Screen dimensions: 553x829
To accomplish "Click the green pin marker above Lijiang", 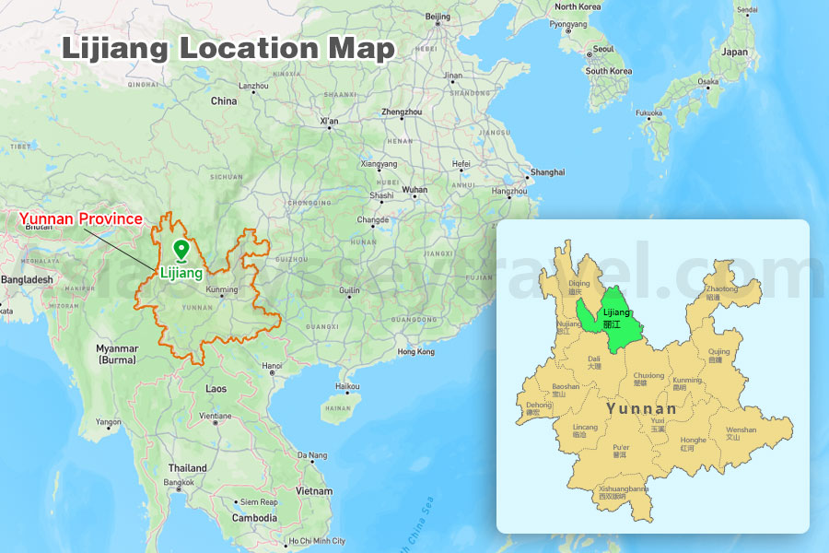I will (x=181, y=249).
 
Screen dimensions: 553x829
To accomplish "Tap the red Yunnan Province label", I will (x=81, y=219).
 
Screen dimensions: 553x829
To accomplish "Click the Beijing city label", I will (x=438, y=17).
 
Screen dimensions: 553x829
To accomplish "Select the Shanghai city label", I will (x=547, y=172).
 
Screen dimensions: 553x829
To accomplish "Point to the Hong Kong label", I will (x=415, y=351).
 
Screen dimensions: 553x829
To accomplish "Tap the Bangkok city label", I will (x=179, y=482).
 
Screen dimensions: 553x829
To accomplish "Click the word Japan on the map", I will (x=735, y=53).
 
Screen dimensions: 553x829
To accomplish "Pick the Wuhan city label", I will (x=414, y=190).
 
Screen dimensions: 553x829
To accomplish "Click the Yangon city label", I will (x=109, y=422).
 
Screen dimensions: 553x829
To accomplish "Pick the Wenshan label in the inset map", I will (x=741, y=430).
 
